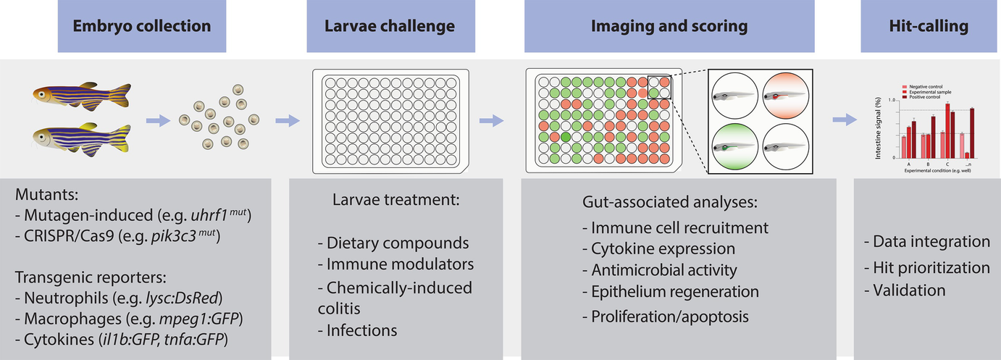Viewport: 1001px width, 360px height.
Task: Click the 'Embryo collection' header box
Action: tap(141, 27)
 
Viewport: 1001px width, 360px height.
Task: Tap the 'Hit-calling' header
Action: tap(928, 27)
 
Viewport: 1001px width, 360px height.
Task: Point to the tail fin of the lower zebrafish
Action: tap(122, 138)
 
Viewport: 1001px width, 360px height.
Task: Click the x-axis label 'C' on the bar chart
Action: tap(948, 164)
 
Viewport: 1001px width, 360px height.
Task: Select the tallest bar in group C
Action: tap(947, 130)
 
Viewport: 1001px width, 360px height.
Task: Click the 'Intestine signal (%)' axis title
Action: tap(879, 129)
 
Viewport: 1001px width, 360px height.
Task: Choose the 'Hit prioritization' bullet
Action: tap(926, 268)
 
